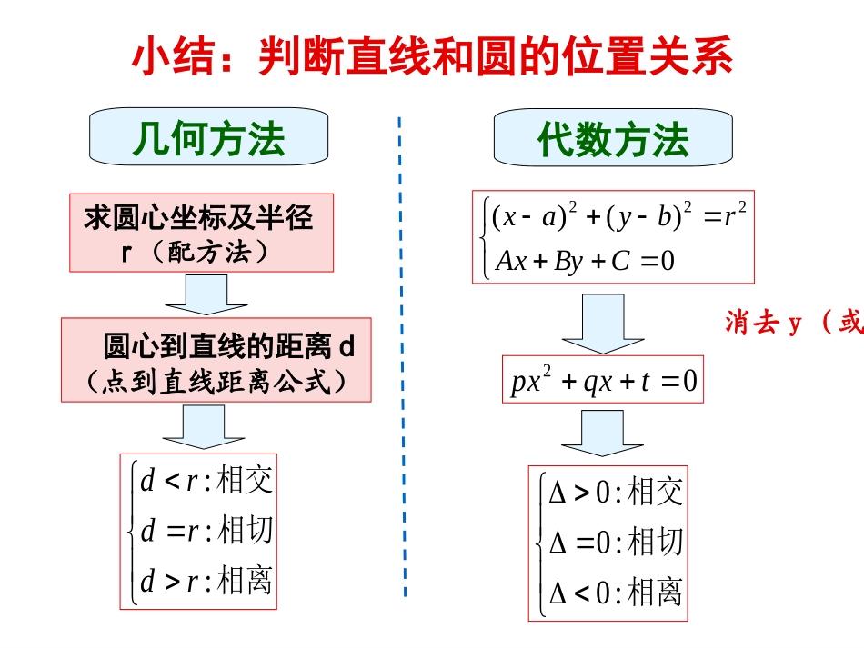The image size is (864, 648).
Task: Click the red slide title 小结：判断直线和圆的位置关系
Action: point(432,56)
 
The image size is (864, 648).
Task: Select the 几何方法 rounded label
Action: point(208,139)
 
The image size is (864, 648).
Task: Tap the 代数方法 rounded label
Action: point(613,139)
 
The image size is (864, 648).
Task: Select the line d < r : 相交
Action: point(206,481)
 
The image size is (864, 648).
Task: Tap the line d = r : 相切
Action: point(206,531)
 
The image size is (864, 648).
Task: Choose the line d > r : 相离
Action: point(206,581)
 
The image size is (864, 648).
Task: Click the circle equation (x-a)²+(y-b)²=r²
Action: point(618,217)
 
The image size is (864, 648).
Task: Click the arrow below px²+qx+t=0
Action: point(603,433)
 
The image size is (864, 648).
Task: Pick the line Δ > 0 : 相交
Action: point(615,493)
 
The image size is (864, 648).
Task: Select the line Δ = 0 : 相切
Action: point(615,543)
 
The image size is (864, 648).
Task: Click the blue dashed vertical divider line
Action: point(402,364)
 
